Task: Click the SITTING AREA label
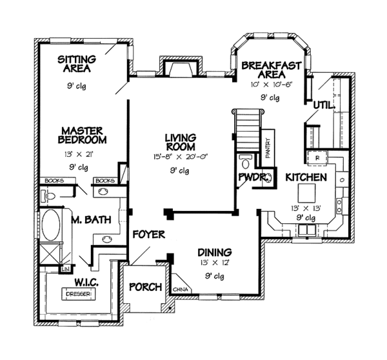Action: (x=77, y=63)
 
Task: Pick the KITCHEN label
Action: (x=306, y=177)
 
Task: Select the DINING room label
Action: (x=215, y=252)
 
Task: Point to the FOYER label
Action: (x=149, y=234)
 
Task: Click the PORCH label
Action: (x=146, y=287)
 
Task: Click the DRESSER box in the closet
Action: (x=75, y=294)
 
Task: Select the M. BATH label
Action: (x=90, y=220)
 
